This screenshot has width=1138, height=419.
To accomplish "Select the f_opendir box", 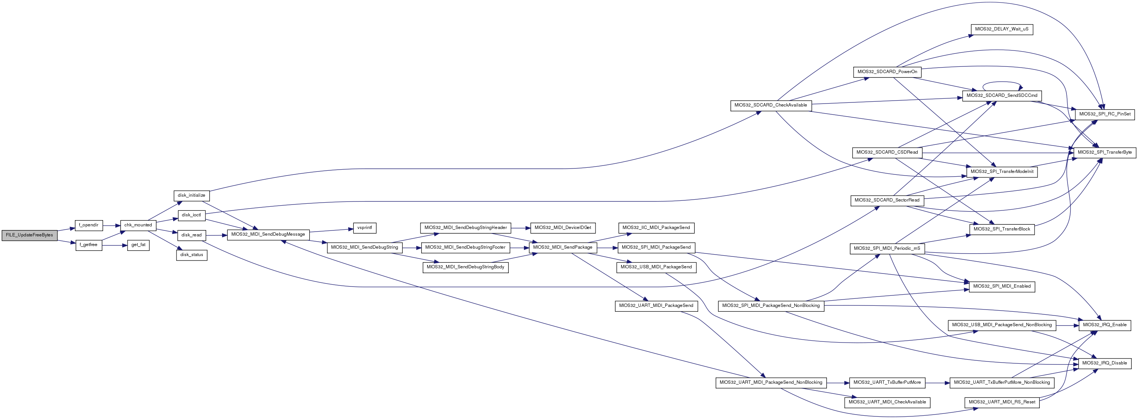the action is pos(89,225).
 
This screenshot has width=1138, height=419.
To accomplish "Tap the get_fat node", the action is pos(138,245).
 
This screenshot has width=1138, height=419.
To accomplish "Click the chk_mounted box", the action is pos(138,225).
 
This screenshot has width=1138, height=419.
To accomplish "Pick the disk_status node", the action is pos(192,255).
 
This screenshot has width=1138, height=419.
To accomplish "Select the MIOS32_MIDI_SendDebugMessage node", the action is pos(268,235).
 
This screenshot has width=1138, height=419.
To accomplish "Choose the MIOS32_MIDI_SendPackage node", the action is pos(563,248).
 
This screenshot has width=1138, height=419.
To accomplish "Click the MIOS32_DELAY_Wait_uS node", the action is pos(1001,30).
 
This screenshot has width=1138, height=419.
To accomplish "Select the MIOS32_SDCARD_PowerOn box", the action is pos(887,72).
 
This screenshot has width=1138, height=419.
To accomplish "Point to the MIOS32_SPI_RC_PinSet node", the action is pos(1104,114).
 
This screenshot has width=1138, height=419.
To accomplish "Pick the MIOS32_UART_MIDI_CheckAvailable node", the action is pos(887,402).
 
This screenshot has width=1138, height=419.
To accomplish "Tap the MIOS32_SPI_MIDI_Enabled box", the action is pos(1001,287).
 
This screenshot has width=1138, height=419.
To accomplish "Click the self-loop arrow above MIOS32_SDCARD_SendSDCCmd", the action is pos(1001,82).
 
